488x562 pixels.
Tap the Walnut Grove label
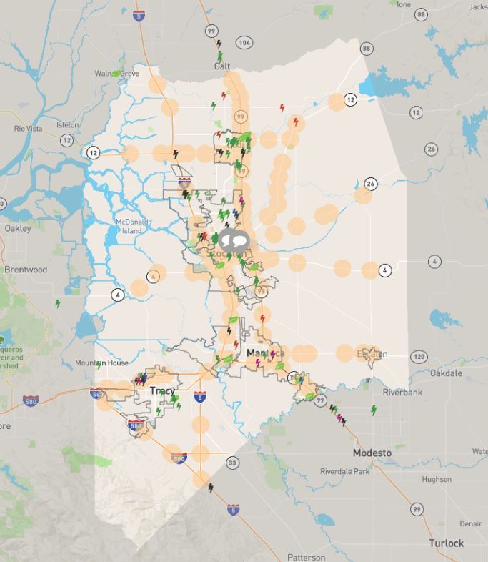pos(116,74)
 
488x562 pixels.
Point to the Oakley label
pos(18,229)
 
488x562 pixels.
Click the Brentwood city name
pos(26,270)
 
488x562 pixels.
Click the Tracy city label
pos(162,391)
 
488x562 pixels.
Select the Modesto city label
pos(372,453)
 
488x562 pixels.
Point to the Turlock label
pos(447,543)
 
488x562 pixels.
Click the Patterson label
pos(306,557)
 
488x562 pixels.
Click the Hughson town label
pos(437,479)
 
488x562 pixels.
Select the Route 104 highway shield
pos(244,43)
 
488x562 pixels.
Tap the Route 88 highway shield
pos(367,48)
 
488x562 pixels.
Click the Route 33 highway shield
pos(232,463)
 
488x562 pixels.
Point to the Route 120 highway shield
pos(419,356)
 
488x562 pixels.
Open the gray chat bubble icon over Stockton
pos(234,241)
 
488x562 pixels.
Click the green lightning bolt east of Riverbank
pos(373,410)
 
